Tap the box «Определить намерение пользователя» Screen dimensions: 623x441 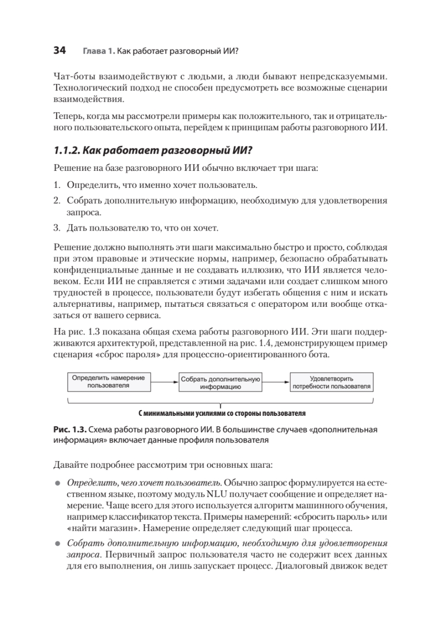coord(109,382)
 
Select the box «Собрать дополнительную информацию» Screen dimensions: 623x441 coord(220,383)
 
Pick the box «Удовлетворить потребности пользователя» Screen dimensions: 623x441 coord(331,383)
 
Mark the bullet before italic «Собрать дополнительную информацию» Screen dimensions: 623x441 coord(58,544)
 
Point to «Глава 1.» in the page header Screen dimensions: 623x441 coord(98,51)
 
